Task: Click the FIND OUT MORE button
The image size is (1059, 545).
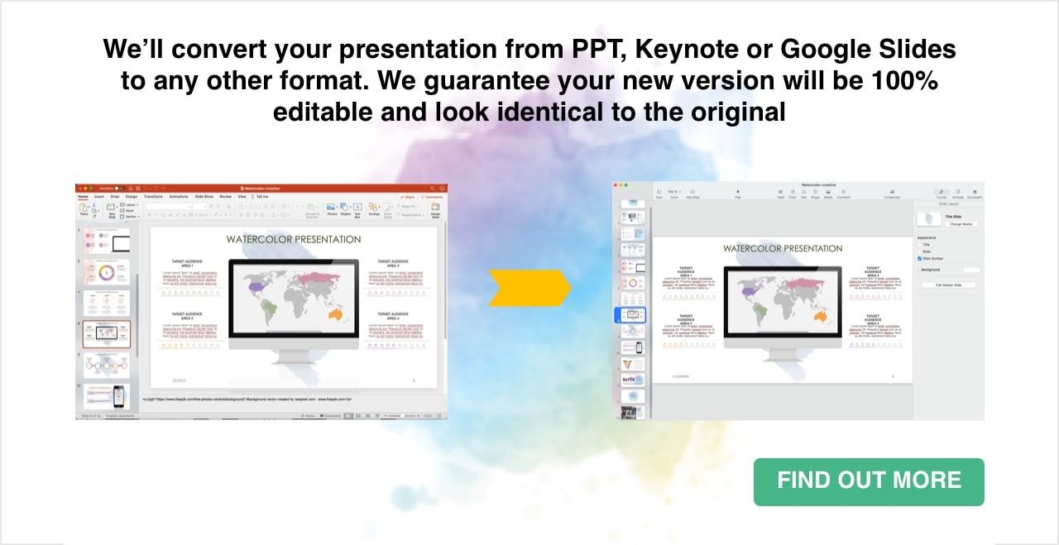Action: click(869, 481)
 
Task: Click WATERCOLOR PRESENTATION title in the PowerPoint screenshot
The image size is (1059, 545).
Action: click(294, 239)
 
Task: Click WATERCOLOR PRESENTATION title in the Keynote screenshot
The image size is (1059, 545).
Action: click(783, 248)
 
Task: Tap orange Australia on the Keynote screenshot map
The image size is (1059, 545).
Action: click(821, 315)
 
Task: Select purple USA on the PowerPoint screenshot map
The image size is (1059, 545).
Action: click(257, 287)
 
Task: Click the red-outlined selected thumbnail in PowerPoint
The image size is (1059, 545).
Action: click(107, 333)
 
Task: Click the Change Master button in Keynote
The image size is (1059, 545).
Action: click(961, 224)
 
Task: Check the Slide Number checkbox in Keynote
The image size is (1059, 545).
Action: click(920, 258)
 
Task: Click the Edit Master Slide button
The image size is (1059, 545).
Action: click(949, 285)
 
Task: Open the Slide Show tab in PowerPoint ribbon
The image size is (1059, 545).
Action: click(204, 197)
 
